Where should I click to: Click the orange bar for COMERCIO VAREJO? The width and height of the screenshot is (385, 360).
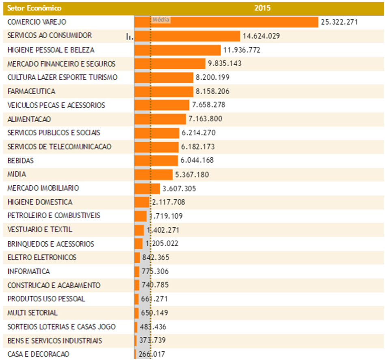tap(226, 22)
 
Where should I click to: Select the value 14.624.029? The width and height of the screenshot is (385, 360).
tap(261, 36)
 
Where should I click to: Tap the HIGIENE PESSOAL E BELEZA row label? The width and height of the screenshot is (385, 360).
tap(51, 50)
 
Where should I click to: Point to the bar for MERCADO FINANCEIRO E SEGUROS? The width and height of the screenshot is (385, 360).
tap(170, 64)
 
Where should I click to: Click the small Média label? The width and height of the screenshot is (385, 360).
tap(161, 20)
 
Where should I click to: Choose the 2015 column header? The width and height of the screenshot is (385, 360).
tap(262, 8)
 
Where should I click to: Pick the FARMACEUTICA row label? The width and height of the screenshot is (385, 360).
tap(31, 91)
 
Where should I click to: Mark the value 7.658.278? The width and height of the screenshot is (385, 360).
tap(208, 105)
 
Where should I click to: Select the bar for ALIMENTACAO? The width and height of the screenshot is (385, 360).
tap(160, 119)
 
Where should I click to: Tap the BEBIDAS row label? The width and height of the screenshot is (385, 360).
tap(20, 160)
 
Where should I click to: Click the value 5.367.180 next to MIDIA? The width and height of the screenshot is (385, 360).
tap(192, 175)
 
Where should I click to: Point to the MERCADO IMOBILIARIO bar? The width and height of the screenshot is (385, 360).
tap(147, 189)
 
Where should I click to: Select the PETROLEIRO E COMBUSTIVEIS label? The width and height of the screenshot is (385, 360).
tap(54, 215)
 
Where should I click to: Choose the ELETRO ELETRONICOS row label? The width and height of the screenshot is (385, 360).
tap(42, 258)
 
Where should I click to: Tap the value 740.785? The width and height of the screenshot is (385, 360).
tap(155, 285)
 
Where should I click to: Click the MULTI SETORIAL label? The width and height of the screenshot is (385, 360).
tap(32, 313)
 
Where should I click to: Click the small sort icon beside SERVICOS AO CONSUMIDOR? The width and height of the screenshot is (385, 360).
tap(129, 37)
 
